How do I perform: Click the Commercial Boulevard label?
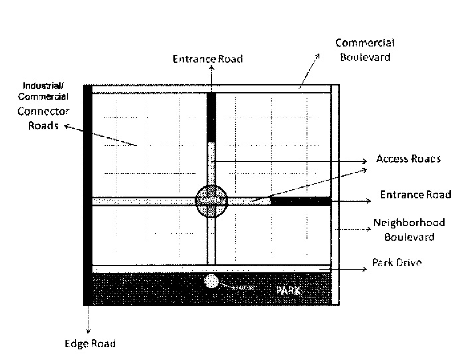[364, 50]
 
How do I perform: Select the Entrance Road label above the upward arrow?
[207, 59]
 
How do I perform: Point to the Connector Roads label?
[43, 118]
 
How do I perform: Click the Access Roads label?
[408, 159]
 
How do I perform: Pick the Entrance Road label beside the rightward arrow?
[415, 194]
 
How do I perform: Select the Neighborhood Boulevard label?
[409, 229]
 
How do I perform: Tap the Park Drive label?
[396, 263]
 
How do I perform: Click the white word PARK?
[288, 291]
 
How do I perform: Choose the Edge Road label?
[90, 344]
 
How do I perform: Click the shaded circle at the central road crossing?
[211, 201]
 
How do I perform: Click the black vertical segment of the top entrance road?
[211, 117]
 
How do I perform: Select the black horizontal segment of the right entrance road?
[301, 201]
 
